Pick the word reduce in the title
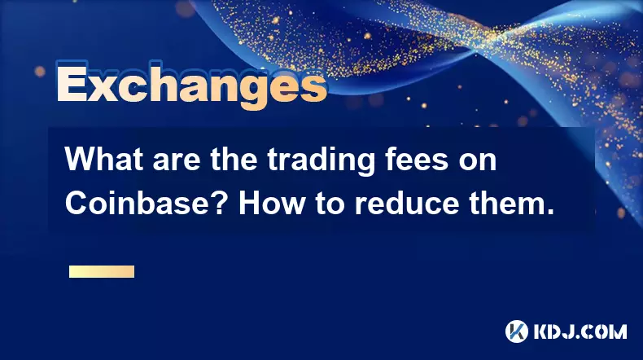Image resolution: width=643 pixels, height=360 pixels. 406,203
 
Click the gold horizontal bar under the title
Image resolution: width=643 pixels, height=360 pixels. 102,272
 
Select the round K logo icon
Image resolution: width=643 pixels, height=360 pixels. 517,331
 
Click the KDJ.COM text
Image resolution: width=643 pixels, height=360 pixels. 580,331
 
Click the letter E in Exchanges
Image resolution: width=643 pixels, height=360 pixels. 72,83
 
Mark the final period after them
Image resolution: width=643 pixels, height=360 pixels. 549,213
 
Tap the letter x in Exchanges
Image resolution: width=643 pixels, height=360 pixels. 104,88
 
